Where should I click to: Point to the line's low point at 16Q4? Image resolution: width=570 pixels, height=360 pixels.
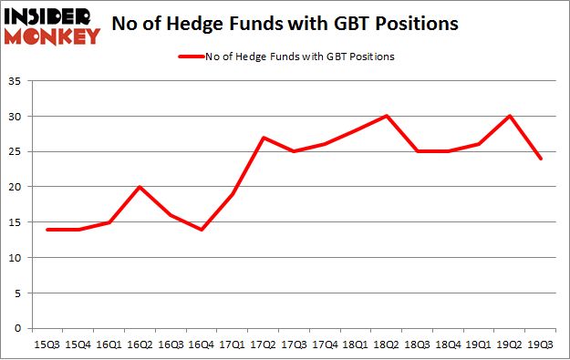pyautogui.click(x=201, y=229)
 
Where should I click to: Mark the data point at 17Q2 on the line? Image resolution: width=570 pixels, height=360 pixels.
pyautogui.click(x=264, y=138)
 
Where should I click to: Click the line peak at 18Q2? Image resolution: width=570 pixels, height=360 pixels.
pyautogui.click(x=389, y=117)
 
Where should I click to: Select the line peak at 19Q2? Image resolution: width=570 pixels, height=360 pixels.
pyautogui.click(x=513, y=117)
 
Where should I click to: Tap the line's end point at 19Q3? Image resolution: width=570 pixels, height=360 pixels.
pyautogui.click(x=541, y=159)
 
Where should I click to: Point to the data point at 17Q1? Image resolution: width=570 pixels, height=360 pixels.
pyautogui.click(x=233, y=194)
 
